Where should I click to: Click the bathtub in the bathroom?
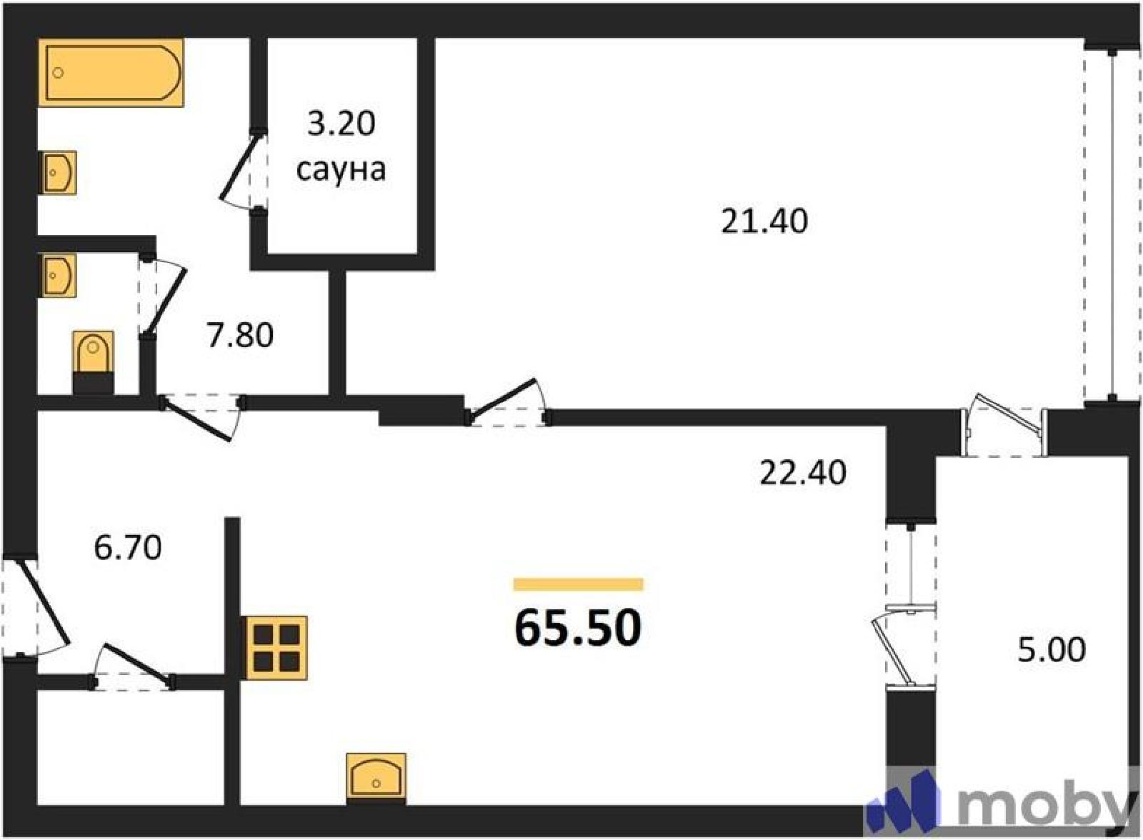coord(111,72)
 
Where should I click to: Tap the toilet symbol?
coord(93,362)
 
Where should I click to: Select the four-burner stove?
coord(276,648)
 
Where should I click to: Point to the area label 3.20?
coord(341,124)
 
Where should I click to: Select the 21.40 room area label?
coord(764,222)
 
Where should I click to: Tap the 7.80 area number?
coord(240,336)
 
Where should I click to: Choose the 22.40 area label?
coord(803,473)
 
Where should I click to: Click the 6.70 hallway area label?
coord(128,547)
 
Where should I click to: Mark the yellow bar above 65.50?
coord(578,584)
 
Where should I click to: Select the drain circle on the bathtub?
coord(59,73)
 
